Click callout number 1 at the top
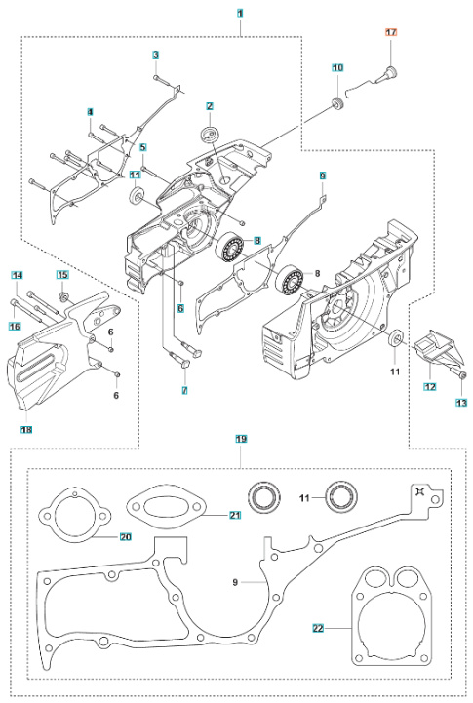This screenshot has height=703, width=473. pos(240,14)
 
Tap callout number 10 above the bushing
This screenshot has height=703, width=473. pos(337,67)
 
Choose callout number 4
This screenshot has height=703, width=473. pos(90,112)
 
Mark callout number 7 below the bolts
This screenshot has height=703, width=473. pos(182,390)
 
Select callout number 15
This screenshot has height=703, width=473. pos(62,275)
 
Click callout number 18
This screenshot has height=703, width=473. pos(25,429)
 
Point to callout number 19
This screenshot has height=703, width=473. pos(240,440)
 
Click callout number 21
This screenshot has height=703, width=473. pos(235,515)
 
